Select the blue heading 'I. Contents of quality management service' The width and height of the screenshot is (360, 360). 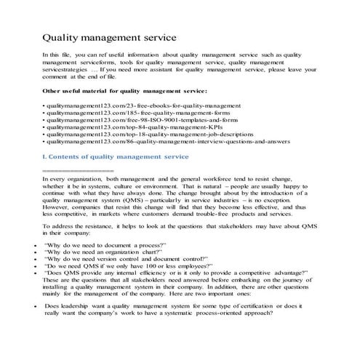[x=116, y=157]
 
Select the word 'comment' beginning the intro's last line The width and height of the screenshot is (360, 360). [x=55, y=75]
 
